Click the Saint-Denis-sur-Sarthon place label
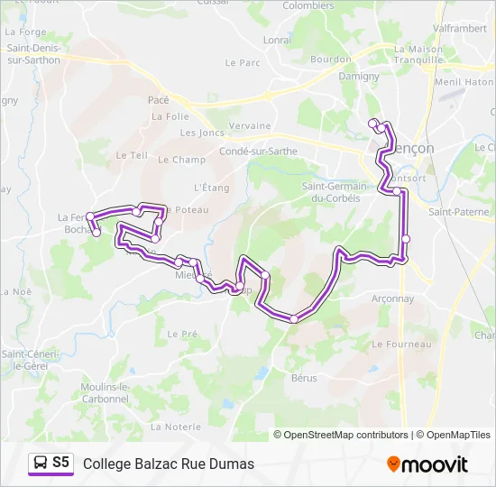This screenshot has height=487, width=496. [33, 54]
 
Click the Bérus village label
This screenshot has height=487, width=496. [304, 378]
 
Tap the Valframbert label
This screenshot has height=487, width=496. [461, 28]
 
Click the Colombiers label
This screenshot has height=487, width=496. [308, 5]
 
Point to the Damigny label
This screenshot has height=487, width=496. [359, 77]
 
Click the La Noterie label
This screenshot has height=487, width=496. [176, 426]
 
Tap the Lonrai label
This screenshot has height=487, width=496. [277, 41]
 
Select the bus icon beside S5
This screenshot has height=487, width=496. [41, 463]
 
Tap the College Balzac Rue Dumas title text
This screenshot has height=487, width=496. [169, 464]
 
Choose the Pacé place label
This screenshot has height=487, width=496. [159, 100]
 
